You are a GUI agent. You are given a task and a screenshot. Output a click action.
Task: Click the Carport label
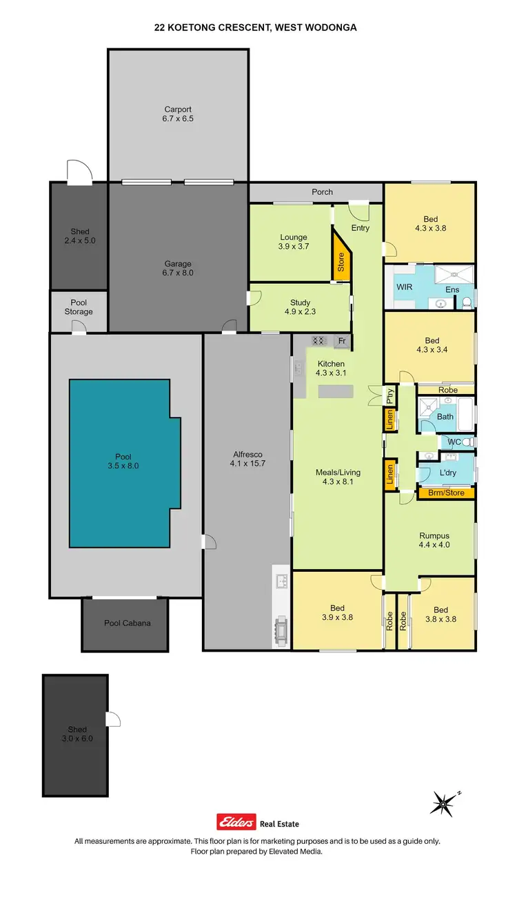(x=178, y=109)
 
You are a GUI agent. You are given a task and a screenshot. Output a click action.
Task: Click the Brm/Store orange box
(x=446, y=493)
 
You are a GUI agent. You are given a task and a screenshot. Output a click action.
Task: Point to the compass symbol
(x=443, y=803)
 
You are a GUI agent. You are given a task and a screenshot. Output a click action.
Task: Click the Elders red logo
(x=236, y=823)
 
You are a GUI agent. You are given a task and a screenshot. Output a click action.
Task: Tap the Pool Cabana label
(x=127, y=623)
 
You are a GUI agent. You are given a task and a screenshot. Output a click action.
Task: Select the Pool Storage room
(x=79, y=311)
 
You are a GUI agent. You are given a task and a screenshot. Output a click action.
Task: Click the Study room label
(x=300, y=302)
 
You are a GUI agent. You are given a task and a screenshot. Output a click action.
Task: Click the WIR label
(x=404, y=286)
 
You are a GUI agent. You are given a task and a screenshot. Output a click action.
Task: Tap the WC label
(x=454, y=442)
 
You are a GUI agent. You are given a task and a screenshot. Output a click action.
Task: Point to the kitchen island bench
(x=335, y=392)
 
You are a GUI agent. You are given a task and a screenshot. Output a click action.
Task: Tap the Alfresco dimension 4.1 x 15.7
(x=247, y=464)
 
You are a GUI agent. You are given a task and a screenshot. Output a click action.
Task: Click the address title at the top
(x=256, y=28)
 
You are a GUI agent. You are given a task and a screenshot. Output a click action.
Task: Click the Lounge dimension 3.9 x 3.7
(x=293, y=247)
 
